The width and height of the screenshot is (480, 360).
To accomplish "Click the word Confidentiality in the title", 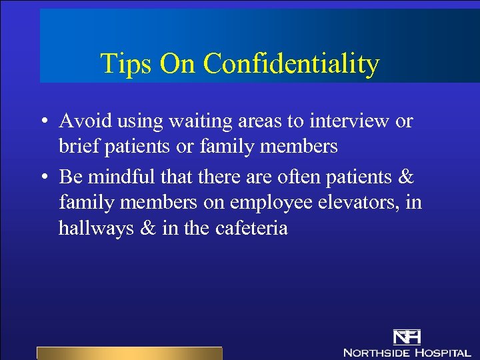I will [291, 65].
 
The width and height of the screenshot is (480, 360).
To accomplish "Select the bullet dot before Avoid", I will [43, 122].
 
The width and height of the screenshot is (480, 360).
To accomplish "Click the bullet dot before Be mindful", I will [43, 178].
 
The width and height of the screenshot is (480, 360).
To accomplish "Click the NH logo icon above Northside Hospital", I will [407, 337].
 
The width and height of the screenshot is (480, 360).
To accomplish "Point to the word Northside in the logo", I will [376, 352].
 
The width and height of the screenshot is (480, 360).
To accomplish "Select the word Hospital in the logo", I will [443, 352].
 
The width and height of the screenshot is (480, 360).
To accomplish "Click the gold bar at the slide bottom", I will [129, 353].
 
